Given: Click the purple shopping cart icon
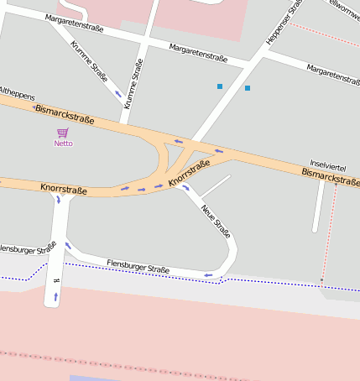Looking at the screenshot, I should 63,133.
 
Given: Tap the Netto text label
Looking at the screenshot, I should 63,144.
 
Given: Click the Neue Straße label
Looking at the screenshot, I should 216,217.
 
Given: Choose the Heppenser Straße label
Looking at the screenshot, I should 283,23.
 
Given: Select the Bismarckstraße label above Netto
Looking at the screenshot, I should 64,115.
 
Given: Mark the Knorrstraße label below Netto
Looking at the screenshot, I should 63,190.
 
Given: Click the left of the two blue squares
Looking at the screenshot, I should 220,86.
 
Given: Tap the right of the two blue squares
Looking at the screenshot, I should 248,88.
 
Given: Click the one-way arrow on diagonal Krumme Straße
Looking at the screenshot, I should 118,92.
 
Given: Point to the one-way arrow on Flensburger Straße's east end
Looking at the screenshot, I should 208,274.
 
